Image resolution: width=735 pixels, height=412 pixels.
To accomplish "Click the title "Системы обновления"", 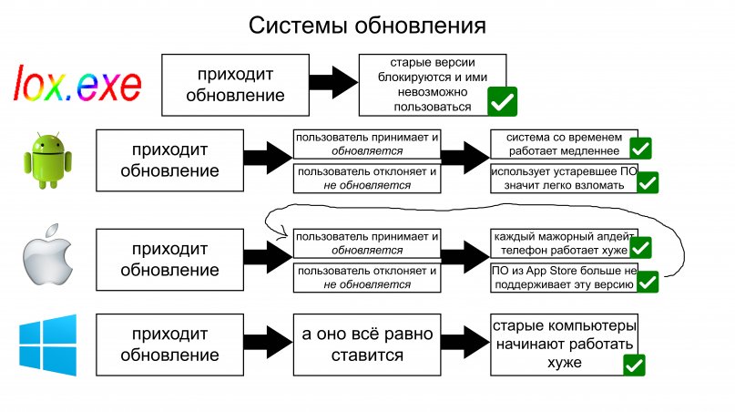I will point(367,25).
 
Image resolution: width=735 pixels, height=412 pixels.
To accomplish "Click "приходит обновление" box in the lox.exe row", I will point(235,84).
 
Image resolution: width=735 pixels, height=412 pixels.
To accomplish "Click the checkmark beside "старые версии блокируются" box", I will point(502,101).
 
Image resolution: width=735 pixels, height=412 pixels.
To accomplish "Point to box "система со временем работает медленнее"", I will point(564,143).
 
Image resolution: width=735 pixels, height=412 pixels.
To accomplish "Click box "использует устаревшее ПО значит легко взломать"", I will point(564,178).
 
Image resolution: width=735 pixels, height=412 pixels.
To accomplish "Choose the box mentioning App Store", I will point(564,278).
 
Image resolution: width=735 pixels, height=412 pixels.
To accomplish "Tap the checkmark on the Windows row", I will point(634,366).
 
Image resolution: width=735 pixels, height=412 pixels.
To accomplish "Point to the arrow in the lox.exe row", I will point(333,84).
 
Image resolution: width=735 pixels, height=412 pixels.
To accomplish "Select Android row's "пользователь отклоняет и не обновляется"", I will point(367,178).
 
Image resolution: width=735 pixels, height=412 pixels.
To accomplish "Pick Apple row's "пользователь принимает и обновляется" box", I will point(367,243).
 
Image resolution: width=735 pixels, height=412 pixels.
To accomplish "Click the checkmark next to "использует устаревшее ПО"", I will point(648,183).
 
